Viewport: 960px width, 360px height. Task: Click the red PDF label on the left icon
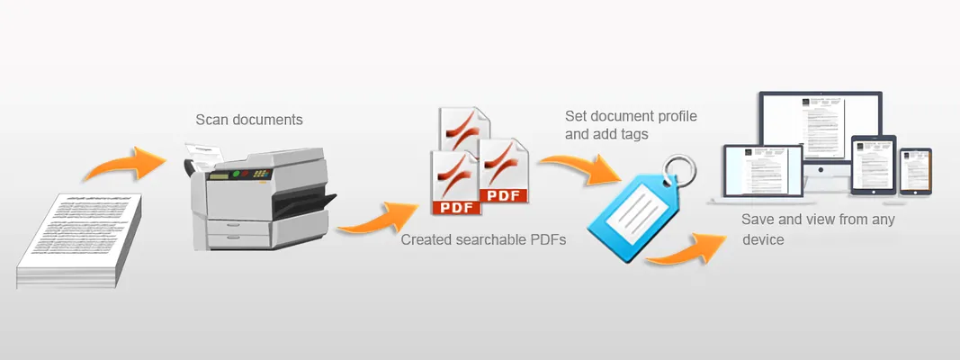click(x=456, y=208)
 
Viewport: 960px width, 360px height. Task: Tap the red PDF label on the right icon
click(x=503, y=194)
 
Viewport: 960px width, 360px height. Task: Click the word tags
click(x=633, y=135)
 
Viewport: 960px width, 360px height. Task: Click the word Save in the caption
click(x=758, y=220)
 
